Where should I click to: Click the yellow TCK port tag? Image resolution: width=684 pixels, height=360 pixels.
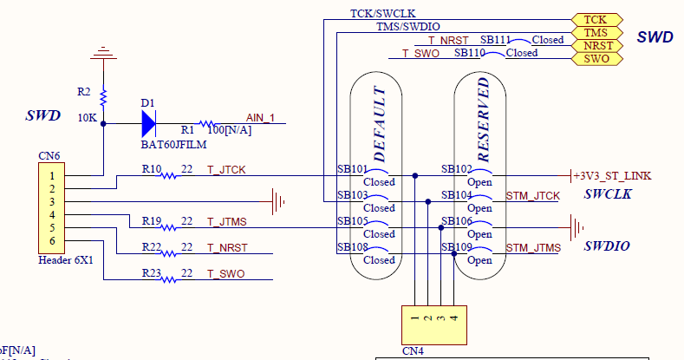click(x=595, y=19)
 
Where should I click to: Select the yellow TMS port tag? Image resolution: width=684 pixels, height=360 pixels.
click(x=595, y=32)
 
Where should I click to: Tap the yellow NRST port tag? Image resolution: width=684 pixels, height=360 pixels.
click(x=595, y=45)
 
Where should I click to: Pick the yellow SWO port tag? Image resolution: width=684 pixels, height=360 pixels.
click(x=595, y=58)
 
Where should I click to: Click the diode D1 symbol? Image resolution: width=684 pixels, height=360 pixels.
click(x=148, y=123)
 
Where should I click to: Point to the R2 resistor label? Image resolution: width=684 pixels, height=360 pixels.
click(x=83, y=91)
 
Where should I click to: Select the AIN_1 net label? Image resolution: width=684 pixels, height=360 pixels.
click(x=261, y=118)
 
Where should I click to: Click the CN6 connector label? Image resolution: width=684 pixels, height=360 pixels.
click(x=49, y=156)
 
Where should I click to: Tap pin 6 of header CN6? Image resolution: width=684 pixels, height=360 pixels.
click(x=52, y=240)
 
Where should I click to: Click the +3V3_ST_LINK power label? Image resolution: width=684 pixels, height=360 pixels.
click(x=612, y=176)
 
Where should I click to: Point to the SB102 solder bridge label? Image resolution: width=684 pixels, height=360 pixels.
click(x=456, y=169)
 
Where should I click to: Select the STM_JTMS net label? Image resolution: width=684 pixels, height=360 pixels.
click(x=532, y=248)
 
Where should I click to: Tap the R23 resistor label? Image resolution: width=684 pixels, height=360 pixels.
click(x=152, y=273)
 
